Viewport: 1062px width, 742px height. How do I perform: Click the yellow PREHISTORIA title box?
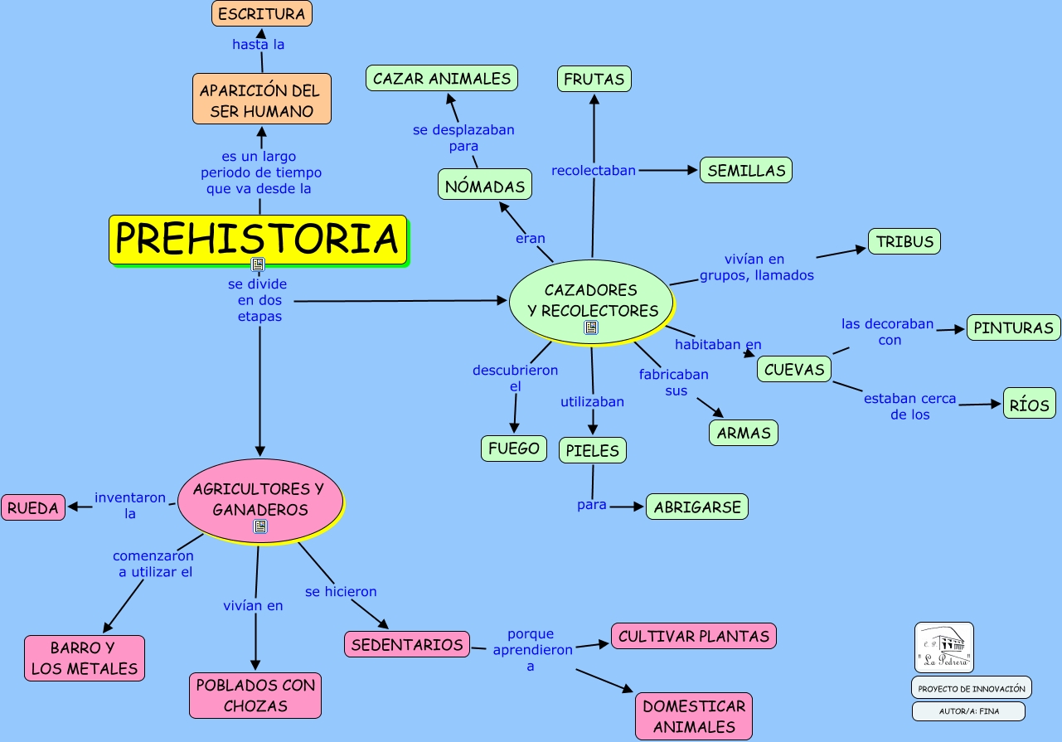tap(258, 240)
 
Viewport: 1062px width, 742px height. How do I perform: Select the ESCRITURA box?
tap(261, 13)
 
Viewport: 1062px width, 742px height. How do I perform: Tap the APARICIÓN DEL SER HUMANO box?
tap(261, 99)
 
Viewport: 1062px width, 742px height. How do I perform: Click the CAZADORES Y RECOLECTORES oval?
tap(590, 300)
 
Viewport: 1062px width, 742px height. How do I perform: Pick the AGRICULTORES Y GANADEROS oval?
tap(259, 499)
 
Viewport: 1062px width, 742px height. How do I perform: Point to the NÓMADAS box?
tap(485, 186)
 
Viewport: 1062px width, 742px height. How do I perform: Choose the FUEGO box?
tap(514, 449)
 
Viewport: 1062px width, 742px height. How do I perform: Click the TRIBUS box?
tap(904, 242)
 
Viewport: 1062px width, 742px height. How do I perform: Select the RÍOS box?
tap(1030, 405)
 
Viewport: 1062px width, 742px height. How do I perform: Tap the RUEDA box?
tap(34, 507)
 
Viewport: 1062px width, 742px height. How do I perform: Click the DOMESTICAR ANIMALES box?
tap(694, 716)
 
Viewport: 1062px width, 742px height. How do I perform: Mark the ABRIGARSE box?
tap(697, 507)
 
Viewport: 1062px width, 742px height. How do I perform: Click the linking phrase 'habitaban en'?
tap(718, 344)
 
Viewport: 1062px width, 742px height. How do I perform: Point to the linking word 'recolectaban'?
tap(594, 170)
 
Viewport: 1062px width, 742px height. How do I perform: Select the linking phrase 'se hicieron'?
tap(341, 591)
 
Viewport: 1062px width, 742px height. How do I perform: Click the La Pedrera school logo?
tap(944, 647)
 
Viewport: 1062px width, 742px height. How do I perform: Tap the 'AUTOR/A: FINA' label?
tap(968, 711)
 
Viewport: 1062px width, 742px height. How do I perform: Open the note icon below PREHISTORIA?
tap(258, 264)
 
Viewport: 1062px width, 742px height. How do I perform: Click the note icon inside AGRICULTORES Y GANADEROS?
tap(260, 526)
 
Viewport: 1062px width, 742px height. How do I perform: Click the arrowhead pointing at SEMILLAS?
tap(694, 170)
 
